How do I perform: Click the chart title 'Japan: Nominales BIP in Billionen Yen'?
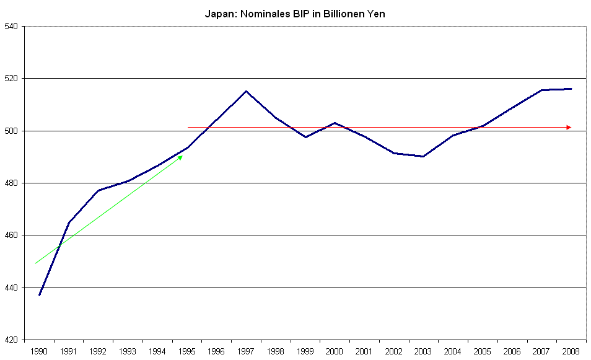pos(295,14)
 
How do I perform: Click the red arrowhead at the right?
pos(569,128)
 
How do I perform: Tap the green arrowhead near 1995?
pos(180,157)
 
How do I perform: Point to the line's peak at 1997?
pos(246,91)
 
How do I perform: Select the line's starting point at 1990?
pos(40,294)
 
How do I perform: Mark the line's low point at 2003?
pos(423,156)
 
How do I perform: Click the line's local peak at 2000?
pos(335,123)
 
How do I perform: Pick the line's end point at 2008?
pos(571,89)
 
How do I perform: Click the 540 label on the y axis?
pos(12,27)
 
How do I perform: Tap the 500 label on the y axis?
pos(12,131)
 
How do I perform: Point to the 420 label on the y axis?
pos(12,340)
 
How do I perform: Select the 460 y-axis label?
pos(12,235)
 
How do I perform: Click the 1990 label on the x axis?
pos(40,351)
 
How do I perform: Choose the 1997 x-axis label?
pos(246,351)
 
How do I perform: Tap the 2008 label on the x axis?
pos(571,351)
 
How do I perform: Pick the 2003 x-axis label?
pos(423,351)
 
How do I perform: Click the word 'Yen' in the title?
pos(377,14)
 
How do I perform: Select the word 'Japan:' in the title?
pos(218,14)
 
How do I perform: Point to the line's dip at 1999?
pos(305,137)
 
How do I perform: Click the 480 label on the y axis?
pos(12,183)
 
